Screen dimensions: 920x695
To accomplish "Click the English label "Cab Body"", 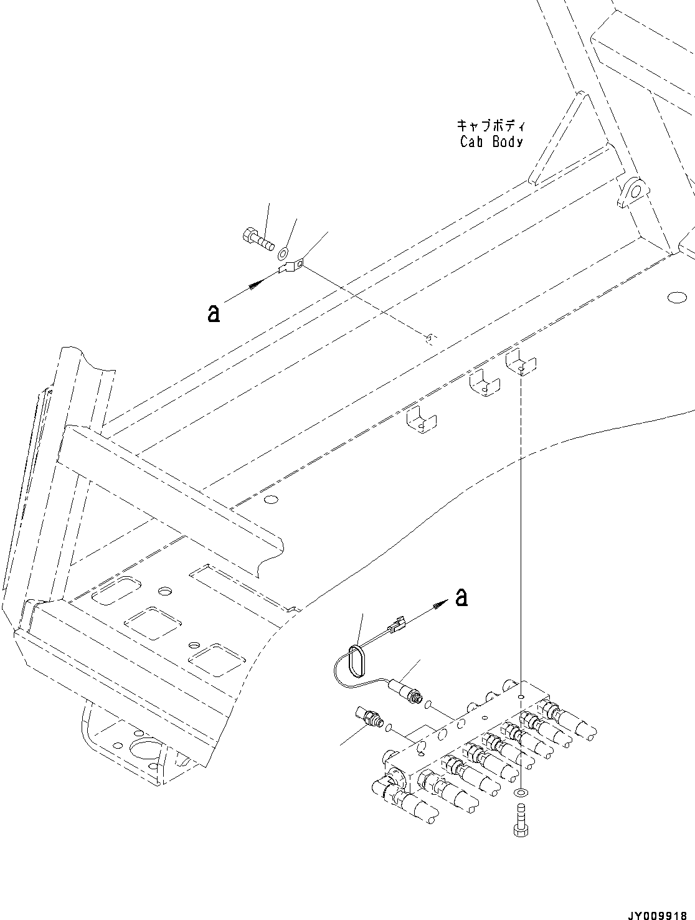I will coord(491,142).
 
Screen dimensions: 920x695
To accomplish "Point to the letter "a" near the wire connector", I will coord(461,597).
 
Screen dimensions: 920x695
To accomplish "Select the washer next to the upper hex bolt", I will coord(283,253).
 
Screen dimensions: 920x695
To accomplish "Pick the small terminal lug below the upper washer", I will coord(290,268).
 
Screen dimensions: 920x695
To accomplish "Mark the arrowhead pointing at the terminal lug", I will coord(255,284).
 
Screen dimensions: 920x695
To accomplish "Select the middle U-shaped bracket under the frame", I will coord(483,382).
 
